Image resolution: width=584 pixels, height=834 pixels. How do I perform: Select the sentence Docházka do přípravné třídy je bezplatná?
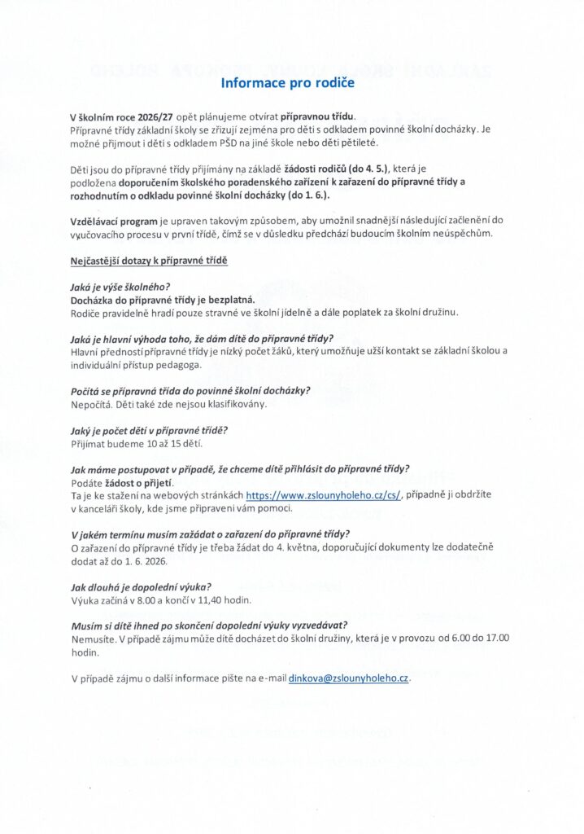[x=163, y=300]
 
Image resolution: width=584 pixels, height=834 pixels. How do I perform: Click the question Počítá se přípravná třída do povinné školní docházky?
[x=191, y=390]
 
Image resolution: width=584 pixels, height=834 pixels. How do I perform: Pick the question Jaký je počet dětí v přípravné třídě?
[x=150, y=429]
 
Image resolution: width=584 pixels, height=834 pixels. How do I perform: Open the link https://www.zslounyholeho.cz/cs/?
[x=322, y=495]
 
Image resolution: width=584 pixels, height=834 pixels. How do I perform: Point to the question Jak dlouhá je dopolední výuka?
[x=142, y=586]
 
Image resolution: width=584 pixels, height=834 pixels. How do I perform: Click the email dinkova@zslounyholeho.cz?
[x=349, y=678]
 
